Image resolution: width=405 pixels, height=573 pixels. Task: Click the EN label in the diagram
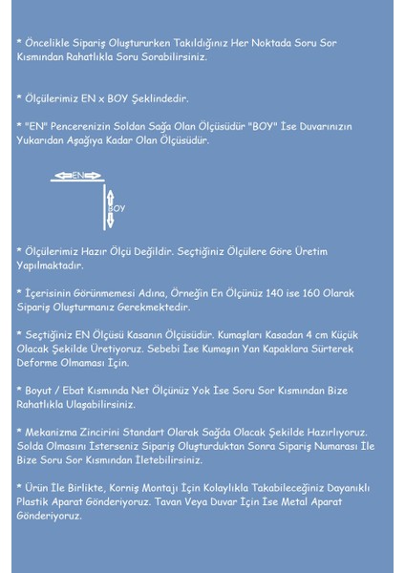(x=77, y=176)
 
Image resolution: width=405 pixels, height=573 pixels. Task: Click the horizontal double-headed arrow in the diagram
(x=77, y=176)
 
